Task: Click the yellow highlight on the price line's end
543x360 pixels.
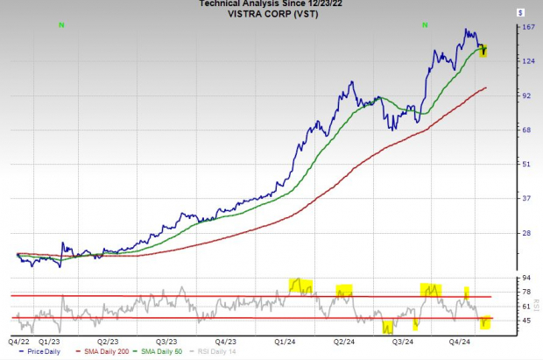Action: point(483,52)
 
